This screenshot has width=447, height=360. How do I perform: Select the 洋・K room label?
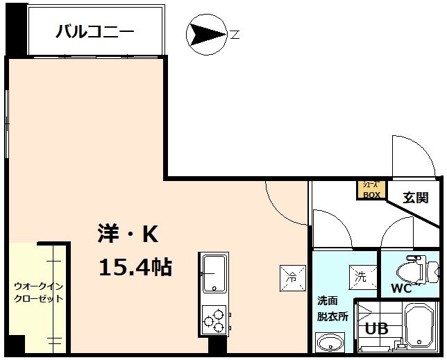pos(128,236)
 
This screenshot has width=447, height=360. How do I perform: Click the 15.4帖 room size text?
pos(135,266)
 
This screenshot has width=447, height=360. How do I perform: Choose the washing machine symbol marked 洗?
pos(361,275)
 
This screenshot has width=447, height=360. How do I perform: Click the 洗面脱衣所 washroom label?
pos(328,309)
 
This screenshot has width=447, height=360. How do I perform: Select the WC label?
pos(401,288)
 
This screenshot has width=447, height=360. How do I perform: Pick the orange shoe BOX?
pos(371,189)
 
